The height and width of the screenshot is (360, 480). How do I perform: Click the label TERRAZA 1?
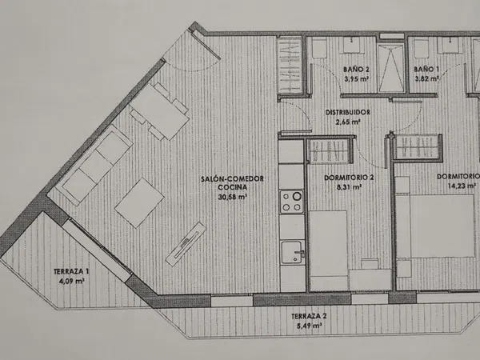(71, 271)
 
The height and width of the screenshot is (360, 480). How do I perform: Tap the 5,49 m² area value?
(309, 326)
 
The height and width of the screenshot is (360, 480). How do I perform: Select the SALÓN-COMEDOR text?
(232, 178)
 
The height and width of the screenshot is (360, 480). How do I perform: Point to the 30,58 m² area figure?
(232, 197)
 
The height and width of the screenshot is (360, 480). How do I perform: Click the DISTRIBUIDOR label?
(347, 112)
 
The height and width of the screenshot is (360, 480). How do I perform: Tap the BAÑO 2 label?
(356, 70)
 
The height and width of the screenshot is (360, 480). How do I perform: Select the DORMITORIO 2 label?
(349, 178)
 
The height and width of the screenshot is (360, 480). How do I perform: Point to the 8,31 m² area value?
(349, 186)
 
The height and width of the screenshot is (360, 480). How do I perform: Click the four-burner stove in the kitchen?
(292, 202)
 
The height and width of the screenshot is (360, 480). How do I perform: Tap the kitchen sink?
(293, 252)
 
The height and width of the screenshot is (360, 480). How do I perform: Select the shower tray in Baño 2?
(391, 68)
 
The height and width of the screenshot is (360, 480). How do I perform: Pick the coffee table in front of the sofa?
(139, 202)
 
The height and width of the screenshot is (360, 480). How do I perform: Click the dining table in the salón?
(159, 112)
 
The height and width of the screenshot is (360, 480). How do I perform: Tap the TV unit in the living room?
(186, 244)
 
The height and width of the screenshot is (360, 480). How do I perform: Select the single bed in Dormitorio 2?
(328, 250)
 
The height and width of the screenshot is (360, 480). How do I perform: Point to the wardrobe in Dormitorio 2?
(330, 151)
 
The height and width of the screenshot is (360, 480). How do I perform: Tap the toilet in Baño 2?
(319, 48)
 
